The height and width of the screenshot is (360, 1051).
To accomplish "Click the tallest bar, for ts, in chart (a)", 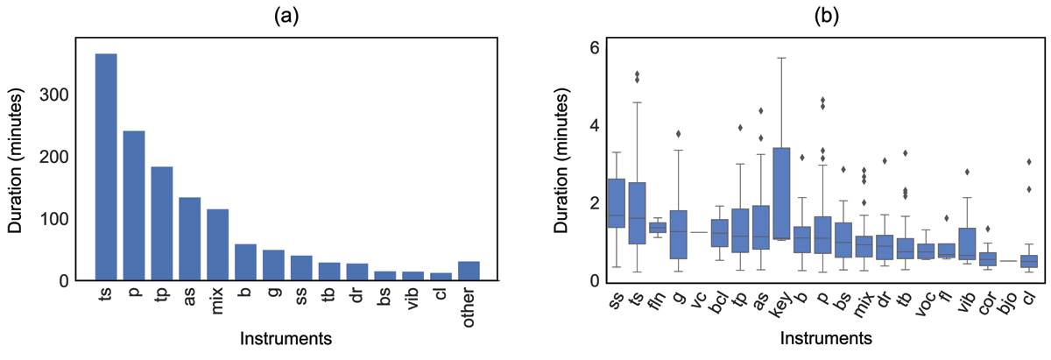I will [106, 167].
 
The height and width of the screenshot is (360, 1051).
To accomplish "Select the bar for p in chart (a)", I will [134, 206].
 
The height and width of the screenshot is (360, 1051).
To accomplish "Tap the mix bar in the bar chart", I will [216, 245].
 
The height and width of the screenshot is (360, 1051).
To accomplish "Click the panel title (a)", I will [285, 15].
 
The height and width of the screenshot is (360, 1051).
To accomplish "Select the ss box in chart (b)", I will [616, 215].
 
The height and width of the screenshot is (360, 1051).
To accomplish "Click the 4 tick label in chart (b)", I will [585, 125].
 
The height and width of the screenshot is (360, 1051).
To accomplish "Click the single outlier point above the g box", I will [678, 134].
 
